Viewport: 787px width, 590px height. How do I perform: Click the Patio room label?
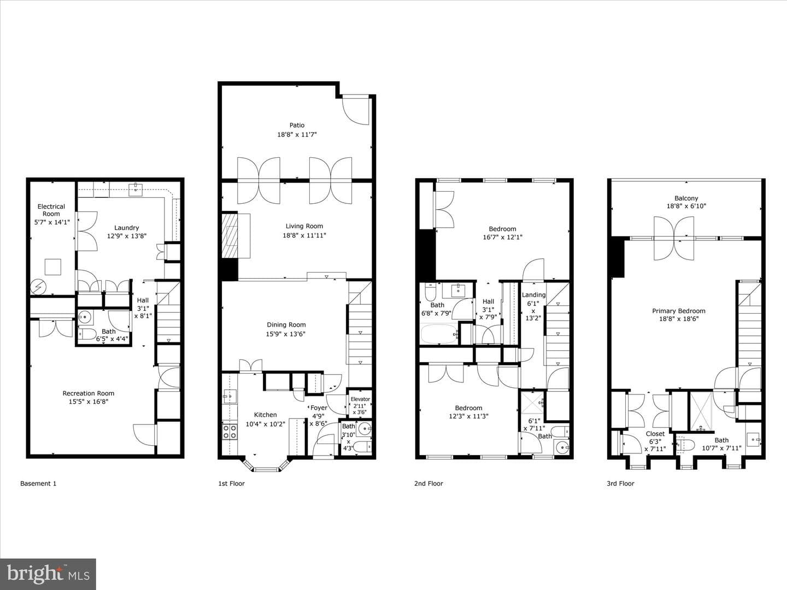click(x=297, y=125)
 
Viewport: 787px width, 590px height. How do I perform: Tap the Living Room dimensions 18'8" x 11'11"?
click(x=304, y=235)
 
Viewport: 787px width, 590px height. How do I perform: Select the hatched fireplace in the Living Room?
click(x=230, y=235)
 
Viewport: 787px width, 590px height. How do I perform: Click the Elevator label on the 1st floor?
click(x=360, y=399)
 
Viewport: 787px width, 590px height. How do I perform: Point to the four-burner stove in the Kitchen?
click(x=230, y=432)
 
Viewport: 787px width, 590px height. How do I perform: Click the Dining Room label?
click(x=286, y=324)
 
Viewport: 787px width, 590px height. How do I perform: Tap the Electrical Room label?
click(x=51, y=210)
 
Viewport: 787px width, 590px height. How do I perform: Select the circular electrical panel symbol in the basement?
click(x=38, y=287)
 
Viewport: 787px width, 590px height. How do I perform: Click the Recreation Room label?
click(x=88, y=393)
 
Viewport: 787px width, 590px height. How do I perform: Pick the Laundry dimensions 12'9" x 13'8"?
click(x=127, y=235)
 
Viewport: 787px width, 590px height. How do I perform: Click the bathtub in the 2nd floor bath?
click(x=439, y=334)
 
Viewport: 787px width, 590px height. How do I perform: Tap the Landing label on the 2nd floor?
click(x=533, y=294)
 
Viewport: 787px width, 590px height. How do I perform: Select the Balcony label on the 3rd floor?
click(x=686, y=198)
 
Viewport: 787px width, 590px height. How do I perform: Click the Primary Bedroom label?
click(x=679, y=311)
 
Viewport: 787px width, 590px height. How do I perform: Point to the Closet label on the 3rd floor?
click(x=655, y=433)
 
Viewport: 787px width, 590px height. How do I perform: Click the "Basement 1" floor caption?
click(x=38, y=483)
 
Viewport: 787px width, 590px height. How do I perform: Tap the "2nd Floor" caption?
click(x=428, y=483)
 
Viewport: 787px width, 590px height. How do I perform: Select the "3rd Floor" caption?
click(x=620, y=483)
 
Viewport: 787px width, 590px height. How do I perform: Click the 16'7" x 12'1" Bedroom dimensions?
click(x=502, y=237)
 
